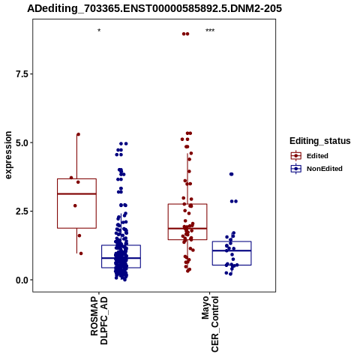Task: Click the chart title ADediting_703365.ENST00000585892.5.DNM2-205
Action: [154, 8]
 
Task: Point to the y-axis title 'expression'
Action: [8, 155]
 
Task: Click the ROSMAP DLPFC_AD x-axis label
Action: [99, 320]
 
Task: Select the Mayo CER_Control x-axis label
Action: [210, 324]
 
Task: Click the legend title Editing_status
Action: [320, 141]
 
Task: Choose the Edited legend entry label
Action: [317, 156]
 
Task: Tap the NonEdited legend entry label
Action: [325, 169]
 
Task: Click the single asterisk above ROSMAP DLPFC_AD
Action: [99, 31]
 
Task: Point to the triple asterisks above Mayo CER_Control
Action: [210, 31]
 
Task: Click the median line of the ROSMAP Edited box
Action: [76, 193]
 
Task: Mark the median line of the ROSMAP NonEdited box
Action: [121, 258]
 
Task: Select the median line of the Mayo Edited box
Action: [187, 228]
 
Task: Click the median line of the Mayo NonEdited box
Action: [232, 250]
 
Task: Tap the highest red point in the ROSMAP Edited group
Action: [78, 134]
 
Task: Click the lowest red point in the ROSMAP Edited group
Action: [81, 253]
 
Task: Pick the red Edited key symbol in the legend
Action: [296, 156]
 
